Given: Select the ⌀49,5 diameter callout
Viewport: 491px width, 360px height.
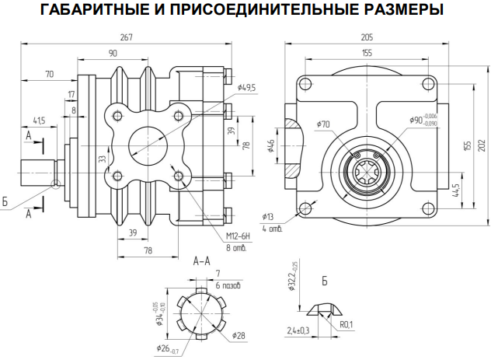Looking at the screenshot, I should click(247, 87).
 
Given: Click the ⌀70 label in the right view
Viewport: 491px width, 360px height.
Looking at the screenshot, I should click(323, 124).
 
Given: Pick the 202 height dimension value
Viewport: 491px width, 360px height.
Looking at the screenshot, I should click(482, 145).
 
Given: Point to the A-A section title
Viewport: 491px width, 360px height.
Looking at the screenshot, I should click(202, 261).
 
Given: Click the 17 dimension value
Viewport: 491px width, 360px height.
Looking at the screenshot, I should click(71, 94).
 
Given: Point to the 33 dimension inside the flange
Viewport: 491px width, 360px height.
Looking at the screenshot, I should click(102, 159).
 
